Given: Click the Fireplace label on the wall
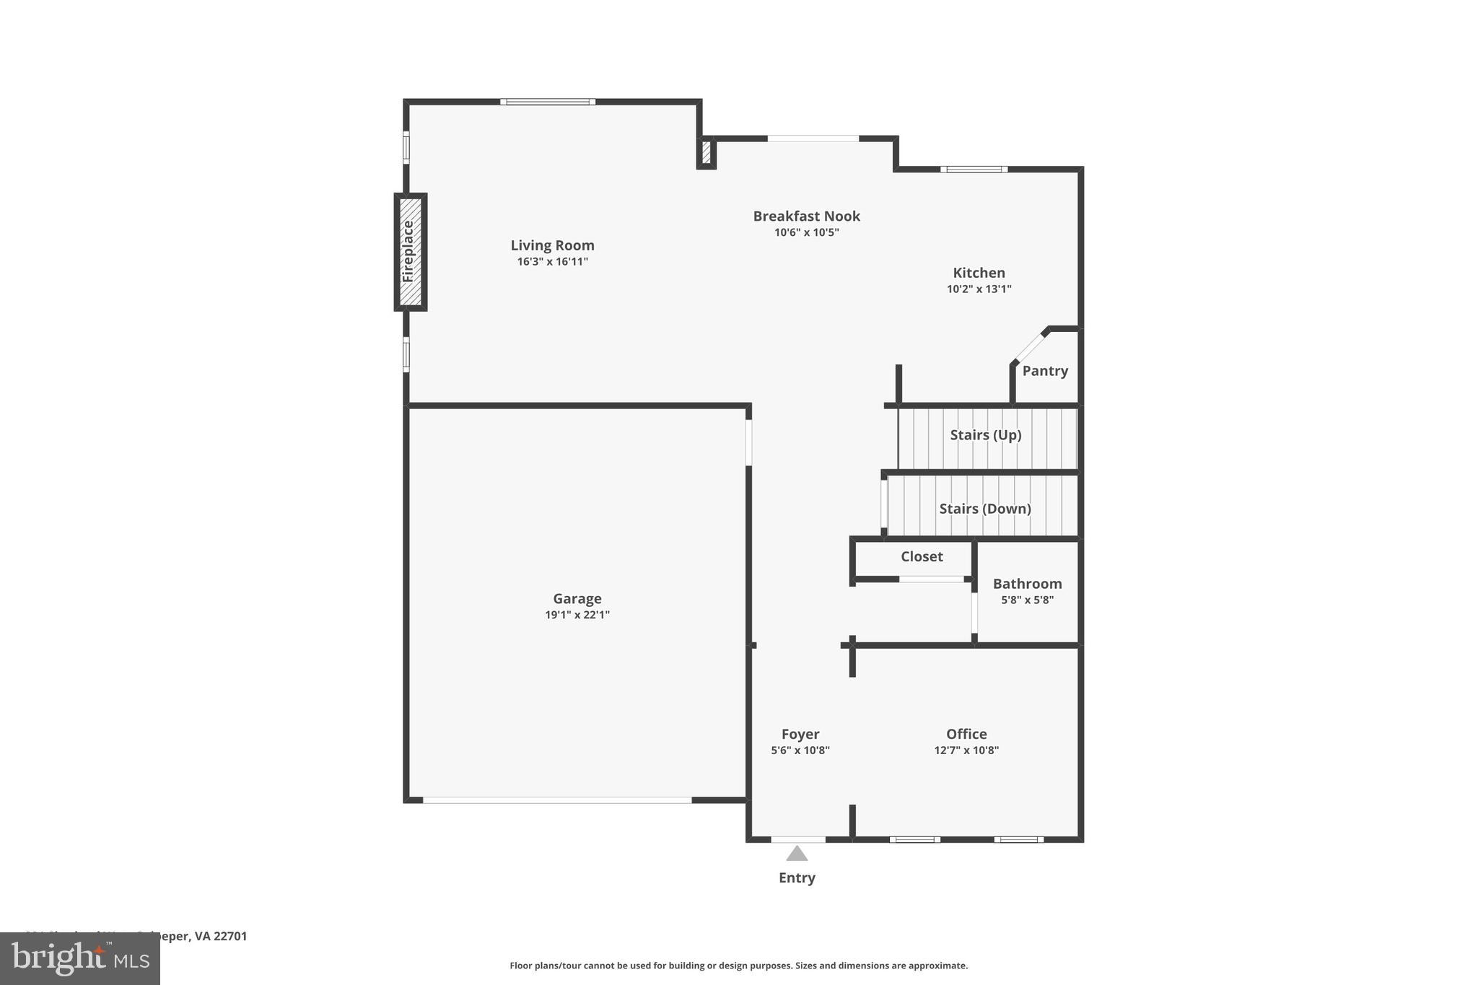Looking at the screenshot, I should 408,251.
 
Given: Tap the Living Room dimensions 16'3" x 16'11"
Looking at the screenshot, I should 552,262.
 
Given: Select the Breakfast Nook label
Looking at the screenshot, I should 806,216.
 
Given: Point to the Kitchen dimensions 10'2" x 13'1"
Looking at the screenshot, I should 979,289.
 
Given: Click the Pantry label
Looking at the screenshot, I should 1044,371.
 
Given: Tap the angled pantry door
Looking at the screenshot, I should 1030,347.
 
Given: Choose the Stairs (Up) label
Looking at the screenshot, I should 985,435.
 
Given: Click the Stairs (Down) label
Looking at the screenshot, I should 984,509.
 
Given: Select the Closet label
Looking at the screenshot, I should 922,556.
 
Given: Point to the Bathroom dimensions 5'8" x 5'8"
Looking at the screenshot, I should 1027,600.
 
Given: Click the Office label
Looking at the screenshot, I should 966,734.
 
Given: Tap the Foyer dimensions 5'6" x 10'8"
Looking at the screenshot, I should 800,750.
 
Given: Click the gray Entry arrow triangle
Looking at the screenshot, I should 797,854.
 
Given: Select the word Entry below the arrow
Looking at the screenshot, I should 797,878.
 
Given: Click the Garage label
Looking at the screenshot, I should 577,598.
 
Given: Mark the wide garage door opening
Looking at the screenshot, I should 557,800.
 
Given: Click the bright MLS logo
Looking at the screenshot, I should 80,958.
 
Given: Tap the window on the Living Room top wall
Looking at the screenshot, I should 548,102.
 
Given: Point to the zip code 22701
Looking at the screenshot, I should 230,936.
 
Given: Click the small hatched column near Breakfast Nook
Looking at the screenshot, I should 706,153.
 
